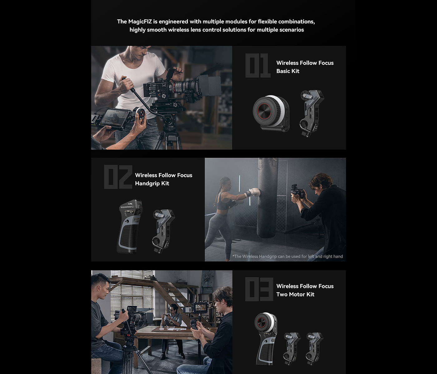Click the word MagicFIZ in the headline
(x=140, y=22)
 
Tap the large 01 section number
(x=258, y=66)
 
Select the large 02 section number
(x=118, y=177)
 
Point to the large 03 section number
(x=259, y=289)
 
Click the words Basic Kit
(x=288, y=71)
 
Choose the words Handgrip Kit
(x=152, y=183)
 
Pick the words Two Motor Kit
(x=295, y=294)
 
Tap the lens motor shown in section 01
(x=311, y=113)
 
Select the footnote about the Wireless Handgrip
(x=287, y=256)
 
